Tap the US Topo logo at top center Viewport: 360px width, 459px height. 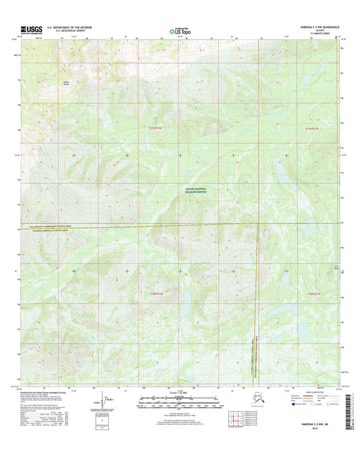tap(180, 30)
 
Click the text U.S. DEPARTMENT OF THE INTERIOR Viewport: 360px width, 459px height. tap(72, 27)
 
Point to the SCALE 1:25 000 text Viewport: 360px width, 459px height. tap(179, 393)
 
